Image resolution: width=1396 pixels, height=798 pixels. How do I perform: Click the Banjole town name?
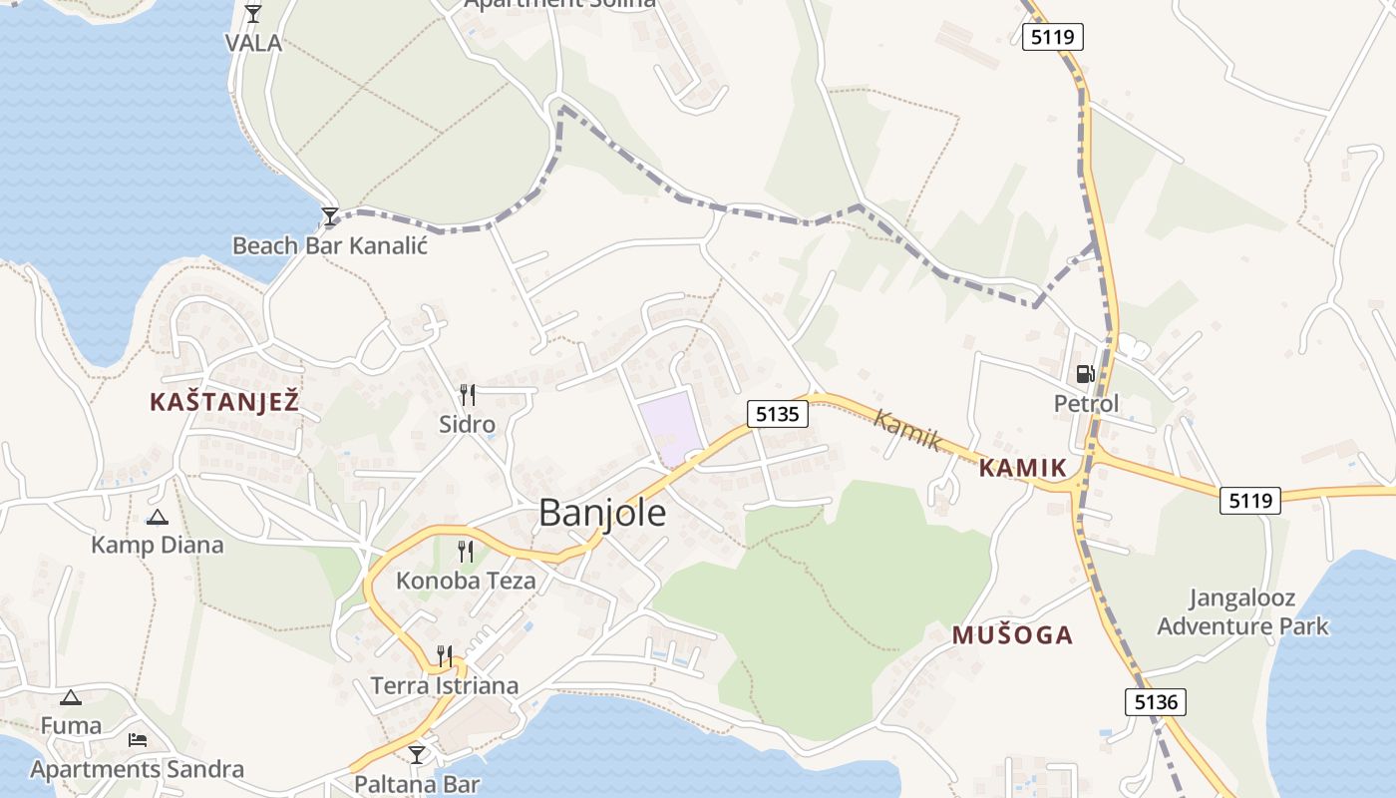point(602,512)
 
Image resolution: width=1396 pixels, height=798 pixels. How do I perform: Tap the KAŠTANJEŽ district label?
point(224,402)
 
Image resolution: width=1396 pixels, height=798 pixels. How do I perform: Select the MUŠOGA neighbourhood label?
point(1012,635)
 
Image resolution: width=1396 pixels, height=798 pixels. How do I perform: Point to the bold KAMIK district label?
point(1023,467)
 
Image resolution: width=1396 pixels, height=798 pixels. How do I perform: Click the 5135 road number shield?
point(777,414)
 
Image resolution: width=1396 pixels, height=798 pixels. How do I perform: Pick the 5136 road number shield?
point(1157,702)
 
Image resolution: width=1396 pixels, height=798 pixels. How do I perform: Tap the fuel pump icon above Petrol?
point(1085,374)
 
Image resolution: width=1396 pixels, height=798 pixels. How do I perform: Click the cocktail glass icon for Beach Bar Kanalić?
point(330,215)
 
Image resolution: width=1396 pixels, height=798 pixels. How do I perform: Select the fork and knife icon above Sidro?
point(467,395)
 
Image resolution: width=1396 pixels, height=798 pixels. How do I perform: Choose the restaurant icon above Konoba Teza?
point(466,551)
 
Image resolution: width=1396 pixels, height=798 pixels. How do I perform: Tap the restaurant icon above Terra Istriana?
point(445,655)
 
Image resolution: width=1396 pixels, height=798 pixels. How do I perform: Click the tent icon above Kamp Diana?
point(157,518)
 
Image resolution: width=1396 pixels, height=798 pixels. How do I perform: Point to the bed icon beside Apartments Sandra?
point(138,740)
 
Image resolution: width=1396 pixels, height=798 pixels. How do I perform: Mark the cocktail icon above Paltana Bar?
point(417,755)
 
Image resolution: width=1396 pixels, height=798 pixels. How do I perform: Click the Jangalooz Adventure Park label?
point(1242,612)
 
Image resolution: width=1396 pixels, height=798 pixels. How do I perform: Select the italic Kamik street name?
point(907,430)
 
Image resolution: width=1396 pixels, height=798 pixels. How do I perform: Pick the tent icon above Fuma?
point(70,698)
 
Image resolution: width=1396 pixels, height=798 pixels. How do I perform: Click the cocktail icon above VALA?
point(253,14)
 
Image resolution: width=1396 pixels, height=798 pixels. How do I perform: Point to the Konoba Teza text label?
point(466,580)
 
